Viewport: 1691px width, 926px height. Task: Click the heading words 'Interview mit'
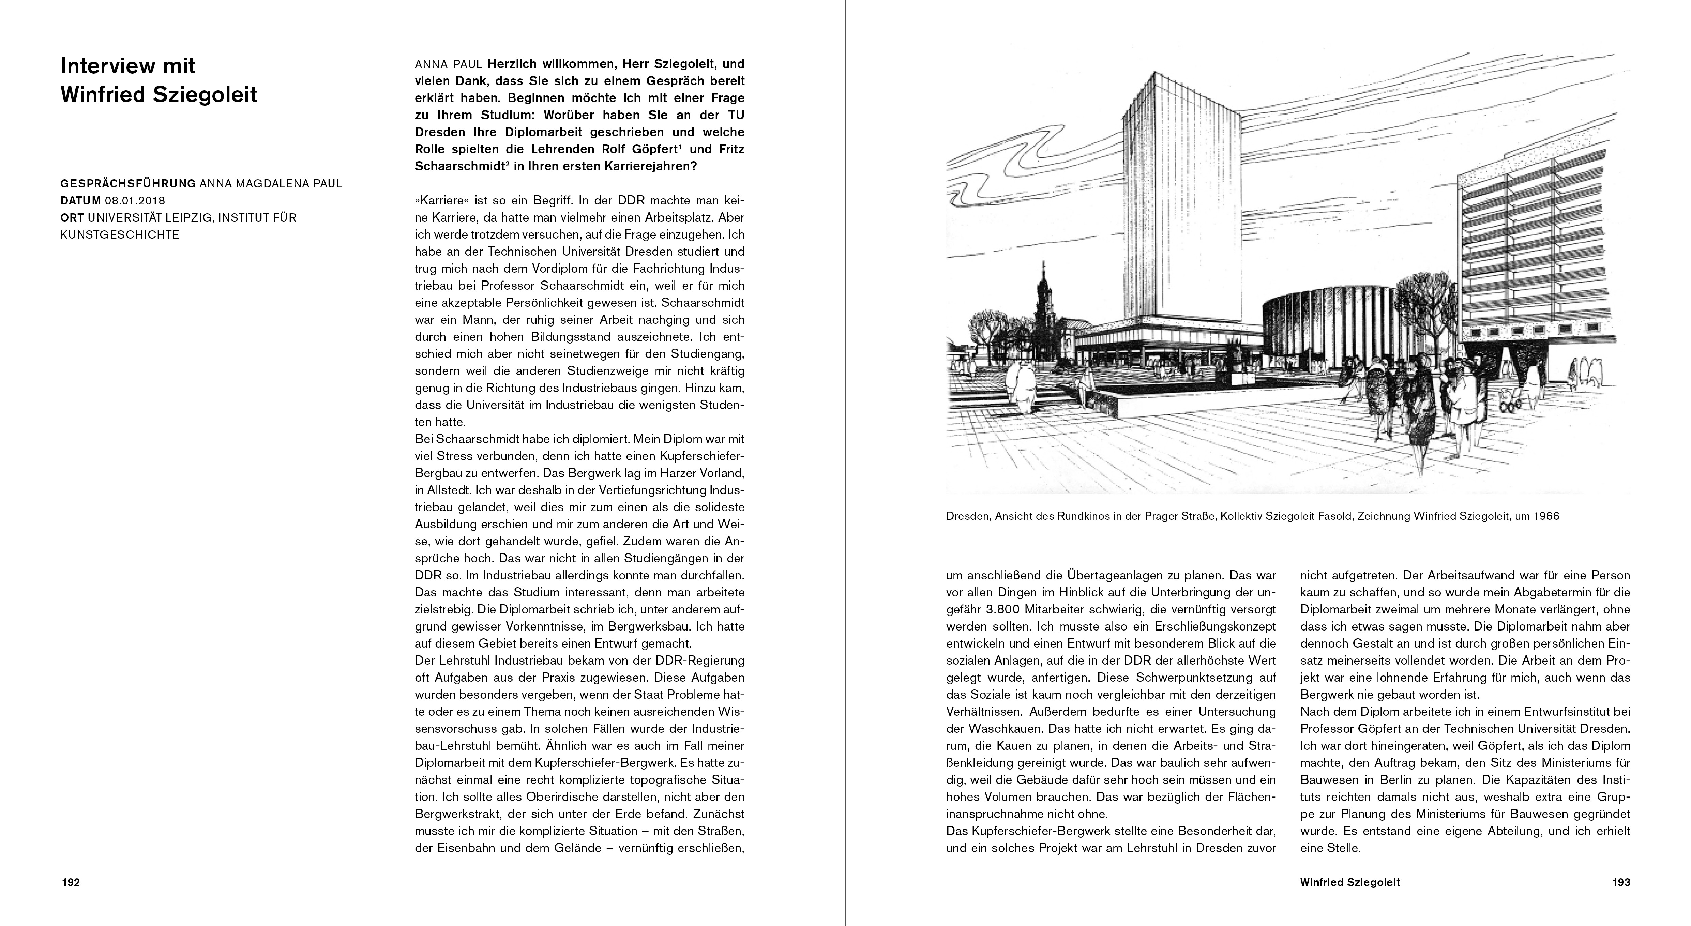click(x=128, y=66)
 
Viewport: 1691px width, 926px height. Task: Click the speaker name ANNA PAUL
click(x=448, y=64)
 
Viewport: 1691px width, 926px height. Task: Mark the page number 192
click(x=70, y=883)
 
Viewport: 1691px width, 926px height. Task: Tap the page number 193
click(x=1621, y=883)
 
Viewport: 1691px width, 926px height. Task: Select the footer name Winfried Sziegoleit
click(x=1350, y=883)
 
